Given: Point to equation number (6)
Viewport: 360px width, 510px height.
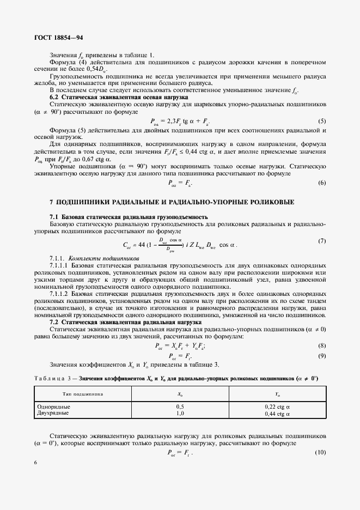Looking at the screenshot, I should pyautogui.click(x=322, y=183).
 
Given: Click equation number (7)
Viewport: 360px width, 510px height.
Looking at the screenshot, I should pyautogui.click(x=322, y=241).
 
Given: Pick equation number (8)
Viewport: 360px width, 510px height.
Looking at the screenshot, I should pyautogui.click(x=322, y=345).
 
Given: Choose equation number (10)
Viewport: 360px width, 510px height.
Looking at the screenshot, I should pyautogui.click(x=321, y=453).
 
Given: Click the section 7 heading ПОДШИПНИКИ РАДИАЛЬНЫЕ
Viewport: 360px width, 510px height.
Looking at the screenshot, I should pyautogui.click(x=172, y=202).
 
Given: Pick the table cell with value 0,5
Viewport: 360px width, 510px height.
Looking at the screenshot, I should pyautogui.click(x=180, y=406).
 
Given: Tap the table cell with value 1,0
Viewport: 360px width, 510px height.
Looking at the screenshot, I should pyautogui.click(x=180, y=413).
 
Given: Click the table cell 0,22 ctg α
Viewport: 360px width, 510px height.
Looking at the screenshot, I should pyautogui.click(x=277, y=406).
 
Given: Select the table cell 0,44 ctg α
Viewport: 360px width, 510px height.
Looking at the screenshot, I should pyautogui.click(x=277, y=413).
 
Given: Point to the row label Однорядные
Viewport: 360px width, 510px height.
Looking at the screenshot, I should pyautogui.click(x=52, y=406).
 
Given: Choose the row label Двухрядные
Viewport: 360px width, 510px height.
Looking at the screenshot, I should pyautogui.click(x=52, y=413).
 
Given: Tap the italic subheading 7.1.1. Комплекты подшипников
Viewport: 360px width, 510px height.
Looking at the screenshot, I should pyautogui.click(x=94, y=257).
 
